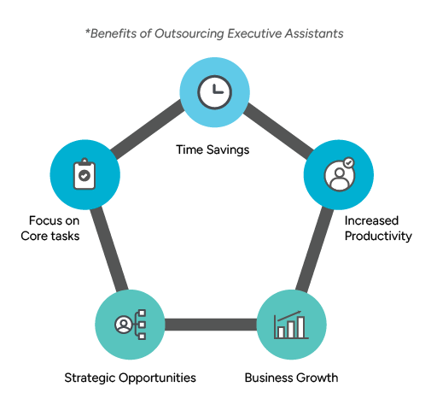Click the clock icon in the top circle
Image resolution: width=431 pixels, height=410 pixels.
tap(214, 91)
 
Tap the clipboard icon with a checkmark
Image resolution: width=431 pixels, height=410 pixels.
tap(84, 174)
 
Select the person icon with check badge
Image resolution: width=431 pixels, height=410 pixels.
tap(339, 174)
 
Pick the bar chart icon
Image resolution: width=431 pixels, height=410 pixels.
tap(291, 325)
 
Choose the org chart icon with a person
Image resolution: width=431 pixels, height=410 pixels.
tap(131, 325)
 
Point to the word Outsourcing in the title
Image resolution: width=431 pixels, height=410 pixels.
tap(194, 33)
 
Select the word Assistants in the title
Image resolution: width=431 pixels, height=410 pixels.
tap(316, 33)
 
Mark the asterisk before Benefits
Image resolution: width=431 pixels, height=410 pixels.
tap(87, 32)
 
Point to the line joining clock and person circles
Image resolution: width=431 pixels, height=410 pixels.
tap(277, 133)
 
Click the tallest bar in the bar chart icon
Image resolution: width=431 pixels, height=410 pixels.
tap(301, 325)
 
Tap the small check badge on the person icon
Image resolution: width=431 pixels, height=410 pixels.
tap(347, 162)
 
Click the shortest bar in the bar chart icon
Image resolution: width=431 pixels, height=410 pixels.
tap(281, 331)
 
